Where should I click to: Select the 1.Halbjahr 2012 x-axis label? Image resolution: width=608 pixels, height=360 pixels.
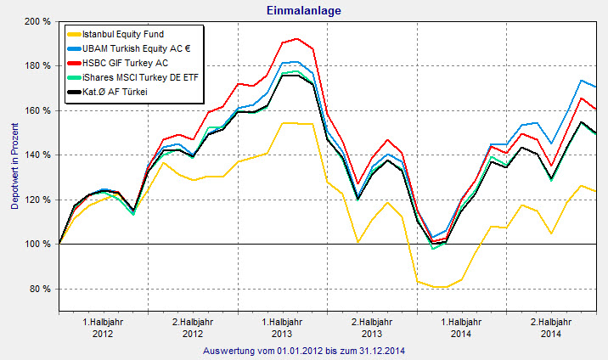103,328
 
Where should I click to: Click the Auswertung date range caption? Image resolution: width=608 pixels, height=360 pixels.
304,350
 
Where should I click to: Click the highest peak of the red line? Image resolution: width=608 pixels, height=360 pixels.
296,38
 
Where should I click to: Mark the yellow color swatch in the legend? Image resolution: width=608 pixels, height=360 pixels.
74,33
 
